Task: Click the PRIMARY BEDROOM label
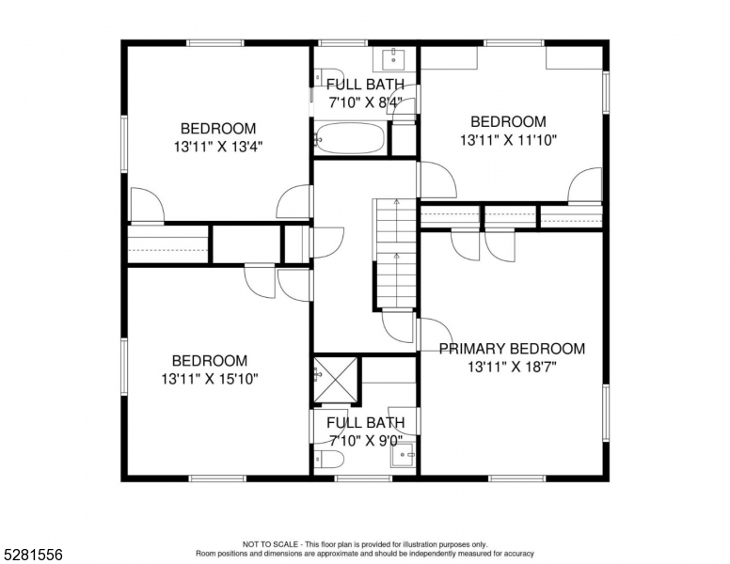point(512,349)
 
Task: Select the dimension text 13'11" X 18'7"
point(512,368)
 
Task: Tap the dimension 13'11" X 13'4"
point(217,147)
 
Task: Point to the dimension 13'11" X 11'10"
point(508,140)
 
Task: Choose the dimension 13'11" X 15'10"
point(209,379)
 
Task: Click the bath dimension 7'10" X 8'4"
point(365,102)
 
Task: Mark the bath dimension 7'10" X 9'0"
point(365,440)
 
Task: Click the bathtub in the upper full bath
point(350,140)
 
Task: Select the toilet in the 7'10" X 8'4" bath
point(327,75)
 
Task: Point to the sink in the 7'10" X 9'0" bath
point(405,458)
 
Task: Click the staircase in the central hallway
point(394,254)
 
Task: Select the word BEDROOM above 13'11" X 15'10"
point(209,361)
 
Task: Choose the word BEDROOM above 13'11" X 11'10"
point(508,122)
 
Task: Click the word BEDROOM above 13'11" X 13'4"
point(217,129)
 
